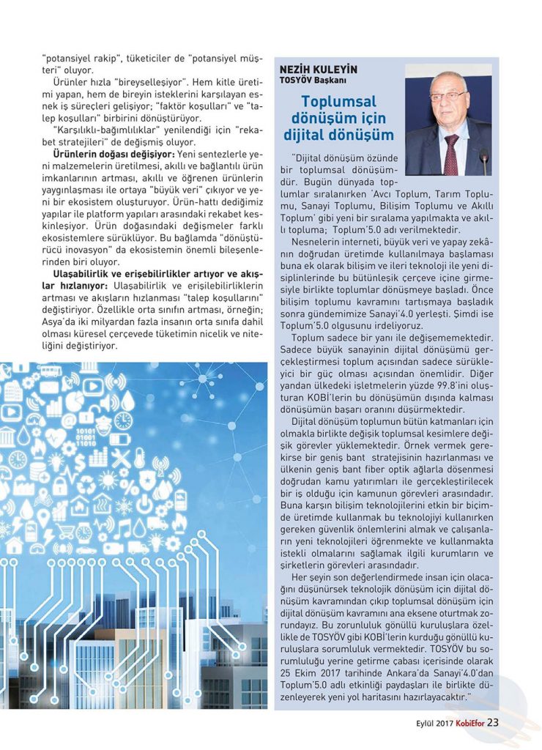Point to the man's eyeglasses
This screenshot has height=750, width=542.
pos(448,95)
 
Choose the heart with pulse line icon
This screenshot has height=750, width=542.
pos(56,438)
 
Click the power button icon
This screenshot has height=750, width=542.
pos(144,504)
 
